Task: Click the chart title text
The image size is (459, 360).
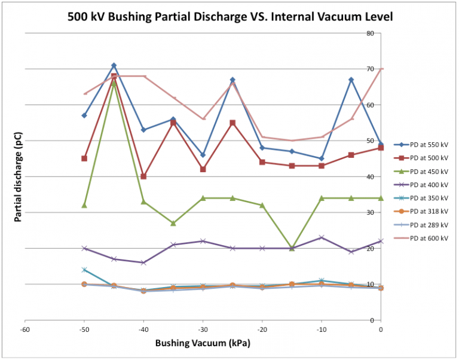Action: pyautogui.click(x=229, y=16)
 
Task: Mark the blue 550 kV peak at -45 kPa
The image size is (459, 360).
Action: pyautogui.click(x=114, y=65)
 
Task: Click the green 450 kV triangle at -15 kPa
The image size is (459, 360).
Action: pyautogui.click(x=292, y=248)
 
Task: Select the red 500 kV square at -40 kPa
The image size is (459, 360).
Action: pyautogui.click(x=143, y=176)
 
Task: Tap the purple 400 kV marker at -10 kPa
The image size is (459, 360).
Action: pyautogui.click(x=322, y=237)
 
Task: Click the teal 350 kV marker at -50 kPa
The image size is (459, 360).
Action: pyautogui.click(x=84, y=270)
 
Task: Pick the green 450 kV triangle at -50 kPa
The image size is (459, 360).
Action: pyautogui.click(x=84, y=205)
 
